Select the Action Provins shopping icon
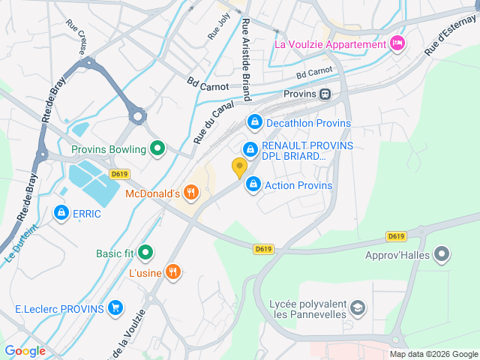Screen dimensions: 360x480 [x=253, y=184]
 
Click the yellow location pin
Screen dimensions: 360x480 [x=239, y=167]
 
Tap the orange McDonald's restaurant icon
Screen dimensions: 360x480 [x=191, y=193]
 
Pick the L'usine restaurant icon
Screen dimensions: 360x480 [x=173, y=272]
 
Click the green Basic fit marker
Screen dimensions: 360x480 [x=145, y=253]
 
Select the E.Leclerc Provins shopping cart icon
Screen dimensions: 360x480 [x=115, y=308]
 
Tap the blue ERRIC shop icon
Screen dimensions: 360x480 [x=60, y=213]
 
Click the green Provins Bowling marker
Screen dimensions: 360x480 [x=157, y=148]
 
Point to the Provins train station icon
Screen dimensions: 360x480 [x=325, y=94]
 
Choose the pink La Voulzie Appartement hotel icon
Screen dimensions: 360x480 [x=397, y=43]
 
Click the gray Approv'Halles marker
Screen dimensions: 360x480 [x=442, y=254]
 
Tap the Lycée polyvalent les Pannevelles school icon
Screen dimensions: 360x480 [x=359, y=307]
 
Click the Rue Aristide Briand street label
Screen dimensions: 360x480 [x=245, y=54]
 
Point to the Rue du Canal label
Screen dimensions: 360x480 [x=210, y=119]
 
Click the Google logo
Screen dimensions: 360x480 [x=25, y=350]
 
